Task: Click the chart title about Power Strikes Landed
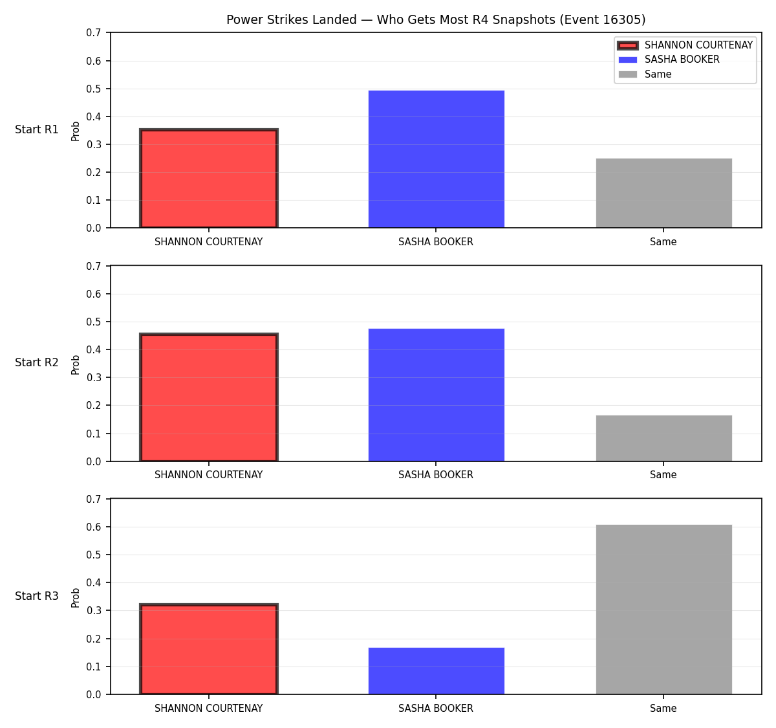(x=435, y=19)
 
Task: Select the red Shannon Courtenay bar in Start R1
(x=209, y=178)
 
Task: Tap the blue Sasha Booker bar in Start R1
(x=436, y=159)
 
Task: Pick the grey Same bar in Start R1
(x=663, y=193)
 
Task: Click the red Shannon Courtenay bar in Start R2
(x=209, y=397)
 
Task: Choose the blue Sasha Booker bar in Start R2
(x=436, y=395)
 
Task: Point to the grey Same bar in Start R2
(x=663, y=438)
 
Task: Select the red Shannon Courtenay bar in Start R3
(x=209, y=649)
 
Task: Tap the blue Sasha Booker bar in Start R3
(x=436, y=671)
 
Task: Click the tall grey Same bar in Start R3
(x=663, y=610)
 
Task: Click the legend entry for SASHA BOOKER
(x=669, y=60)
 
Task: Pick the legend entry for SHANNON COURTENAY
(x=685, y=45)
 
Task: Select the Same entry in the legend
(x=645, y=74)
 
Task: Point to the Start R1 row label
(x=36, y=129)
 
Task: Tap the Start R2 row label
(x=36, y=362)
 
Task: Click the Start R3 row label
(x=36, y=596)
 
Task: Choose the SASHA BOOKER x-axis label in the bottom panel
(x=436, y=708)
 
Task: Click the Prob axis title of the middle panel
(x=75, y=364)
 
